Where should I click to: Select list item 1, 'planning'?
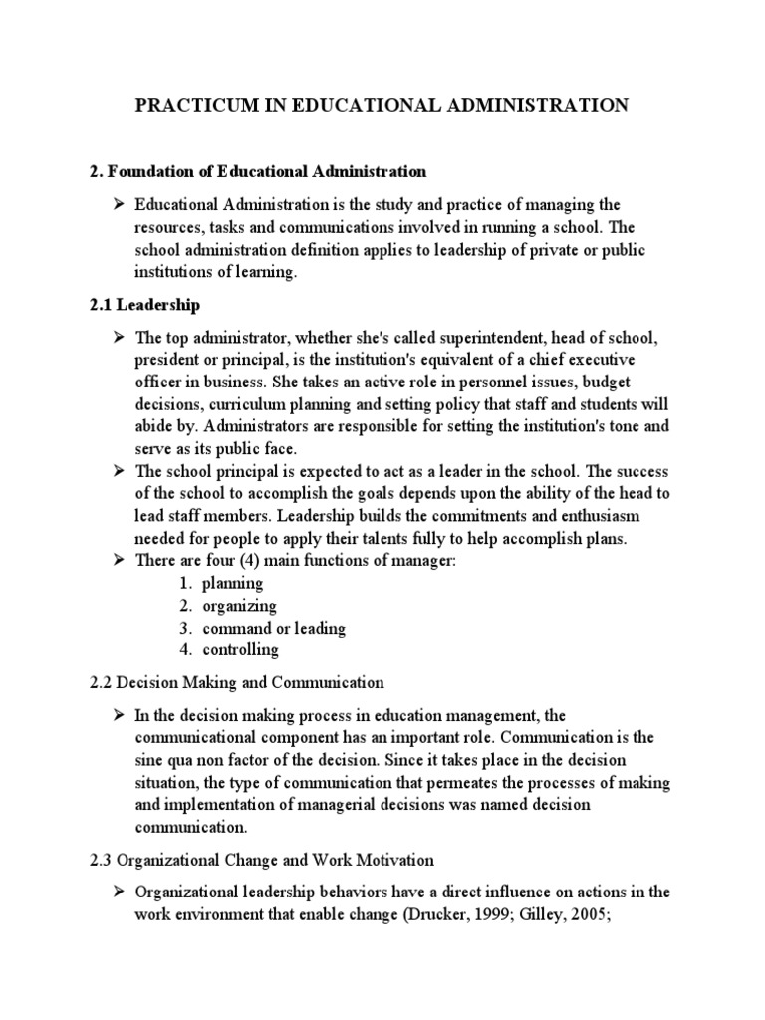[x=233, y=583]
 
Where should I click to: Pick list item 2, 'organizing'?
[x=239, y=606]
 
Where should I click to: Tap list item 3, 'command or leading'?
[x=274, y=628]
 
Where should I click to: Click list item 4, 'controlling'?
[x=240, y=650]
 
